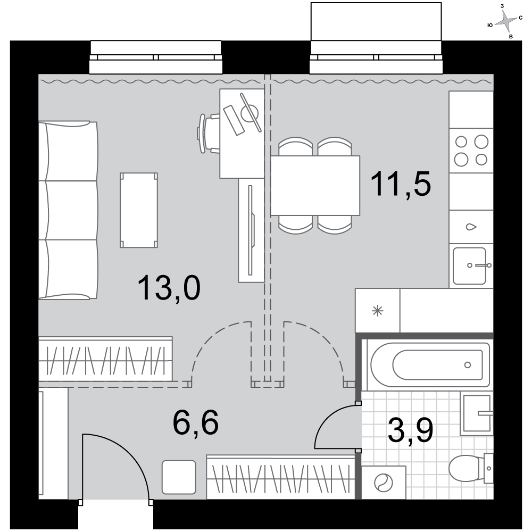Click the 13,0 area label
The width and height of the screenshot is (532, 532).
pos(169,288)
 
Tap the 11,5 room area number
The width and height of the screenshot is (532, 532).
pos(401,184)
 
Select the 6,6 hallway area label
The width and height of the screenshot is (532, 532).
pos(195,422)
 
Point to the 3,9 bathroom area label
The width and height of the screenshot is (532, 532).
pos(410,430)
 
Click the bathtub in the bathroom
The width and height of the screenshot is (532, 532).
pos(430,365)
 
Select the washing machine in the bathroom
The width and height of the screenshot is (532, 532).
pos(384,482)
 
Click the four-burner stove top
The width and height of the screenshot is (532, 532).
pos(471,151)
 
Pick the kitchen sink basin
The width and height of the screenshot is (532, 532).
pos(470,266)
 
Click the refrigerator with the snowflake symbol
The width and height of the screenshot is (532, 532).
pos(378,311)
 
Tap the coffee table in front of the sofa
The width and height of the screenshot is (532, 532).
pos(139,210)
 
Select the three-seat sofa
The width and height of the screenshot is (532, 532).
pos(68,210)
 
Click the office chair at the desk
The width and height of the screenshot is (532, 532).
pos(209,134)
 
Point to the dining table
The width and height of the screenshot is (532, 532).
pos(315,186)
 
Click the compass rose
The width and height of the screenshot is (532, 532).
pos(505,21)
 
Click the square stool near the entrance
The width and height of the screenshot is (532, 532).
pos(179,477)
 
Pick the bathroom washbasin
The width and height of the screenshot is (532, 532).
pos(476,413)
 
